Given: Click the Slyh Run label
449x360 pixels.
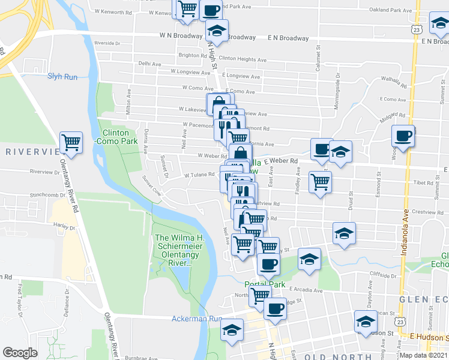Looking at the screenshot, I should coord(62,76).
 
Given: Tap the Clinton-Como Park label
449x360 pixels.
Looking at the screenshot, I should coord(115,137).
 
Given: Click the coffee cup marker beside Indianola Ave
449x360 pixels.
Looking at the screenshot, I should coord(403,136).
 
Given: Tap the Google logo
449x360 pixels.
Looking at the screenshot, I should coord(20,353).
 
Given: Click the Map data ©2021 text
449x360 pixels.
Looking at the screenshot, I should coord(424,355).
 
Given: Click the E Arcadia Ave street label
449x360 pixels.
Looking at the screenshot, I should coord(306,290).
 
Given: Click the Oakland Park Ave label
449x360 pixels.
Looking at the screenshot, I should coord(391,10).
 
